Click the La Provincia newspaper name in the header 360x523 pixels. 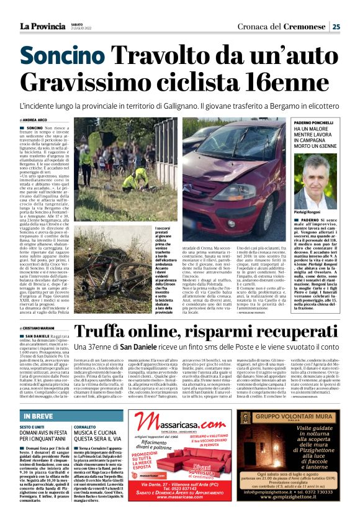[42, 25]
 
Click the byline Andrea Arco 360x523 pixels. [37, 120]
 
